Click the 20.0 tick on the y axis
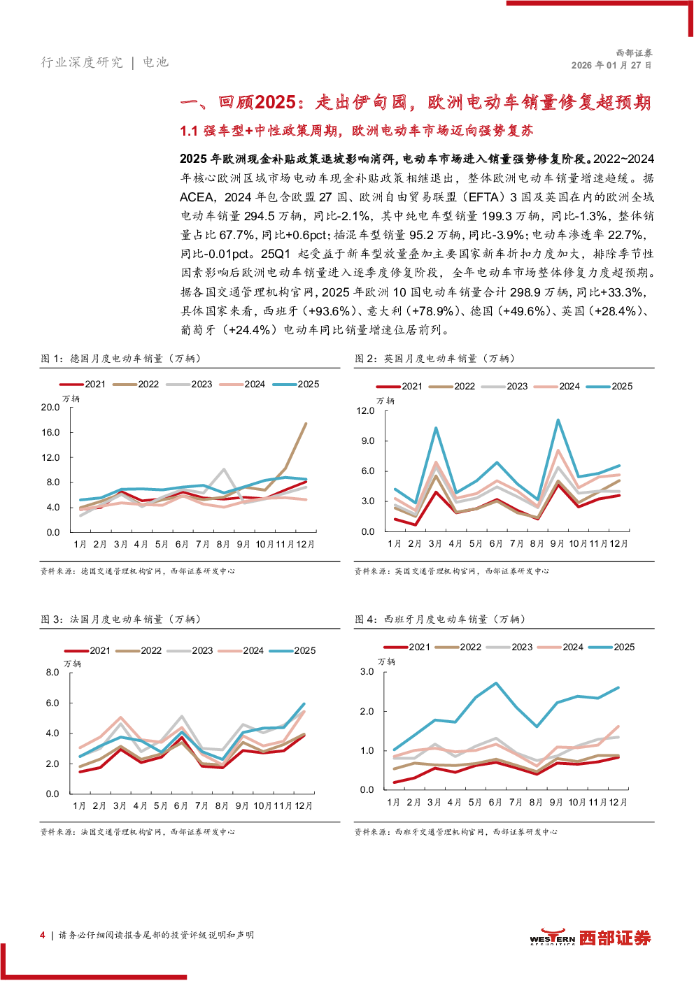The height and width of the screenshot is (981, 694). pos(50,407)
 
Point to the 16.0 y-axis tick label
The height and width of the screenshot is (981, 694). pos(50,432)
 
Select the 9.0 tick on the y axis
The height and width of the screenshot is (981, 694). pos(367,441)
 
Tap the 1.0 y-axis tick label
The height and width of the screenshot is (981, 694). pos(367,751)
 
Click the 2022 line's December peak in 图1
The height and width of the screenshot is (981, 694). pos(306,424)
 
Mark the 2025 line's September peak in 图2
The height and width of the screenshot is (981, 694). pos(558,420)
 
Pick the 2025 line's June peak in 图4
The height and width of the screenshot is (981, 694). pos(496,683)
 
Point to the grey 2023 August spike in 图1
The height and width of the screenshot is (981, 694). pos(223,470)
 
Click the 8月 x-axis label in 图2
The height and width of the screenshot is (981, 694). pos(537,544)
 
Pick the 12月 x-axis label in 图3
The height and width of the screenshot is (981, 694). pos(304,806)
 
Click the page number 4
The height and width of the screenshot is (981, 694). pos(43,936)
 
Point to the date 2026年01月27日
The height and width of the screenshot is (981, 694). pos(611,65)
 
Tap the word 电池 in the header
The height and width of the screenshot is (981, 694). pos(155,62)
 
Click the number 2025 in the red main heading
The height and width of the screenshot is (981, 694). pos(275,103)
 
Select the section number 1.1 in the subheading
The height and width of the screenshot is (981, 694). pos(189,131)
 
